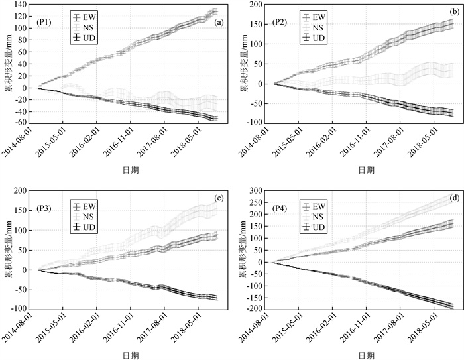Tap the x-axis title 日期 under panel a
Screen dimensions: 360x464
pos(129,170)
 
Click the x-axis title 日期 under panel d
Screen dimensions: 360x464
pos(365,356)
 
